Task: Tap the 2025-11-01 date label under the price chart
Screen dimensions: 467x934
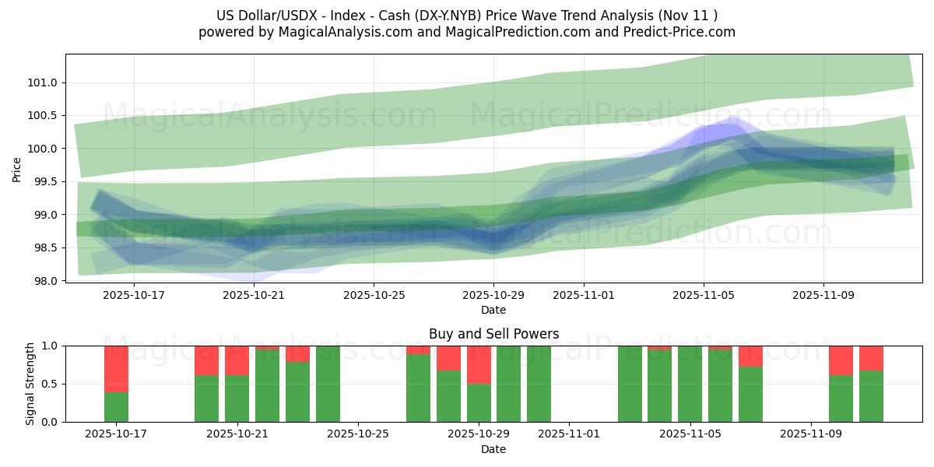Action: (x=584, y=296)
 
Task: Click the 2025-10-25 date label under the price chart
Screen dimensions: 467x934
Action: (x=374, y=296)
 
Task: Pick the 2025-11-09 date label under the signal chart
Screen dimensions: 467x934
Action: (x=811, y=434)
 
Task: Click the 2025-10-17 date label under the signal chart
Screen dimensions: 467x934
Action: (x=116, y=434)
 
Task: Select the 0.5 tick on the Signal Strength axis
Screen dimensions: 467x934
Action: (x=50, y=384)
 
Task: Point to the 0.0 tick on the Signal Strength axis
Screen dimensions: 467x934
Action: (x=50, y=422)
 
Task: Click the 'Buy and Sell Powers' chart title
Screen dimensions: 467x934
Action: (x=493, y=334)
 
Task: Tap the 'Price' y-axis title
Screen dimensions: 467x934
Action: (x=17, y=169)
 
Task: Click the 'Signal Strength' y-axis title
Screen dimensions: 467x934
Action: (x=31, y=384)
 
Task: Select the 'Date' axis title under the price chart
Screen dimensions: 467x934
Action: (x=493, y=310)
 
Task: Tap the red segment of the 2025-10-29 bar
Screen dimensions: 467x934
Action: (x=479, y=364)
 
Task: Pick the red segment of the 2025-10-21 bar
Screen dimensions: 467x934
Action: (x=237, y=360)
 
